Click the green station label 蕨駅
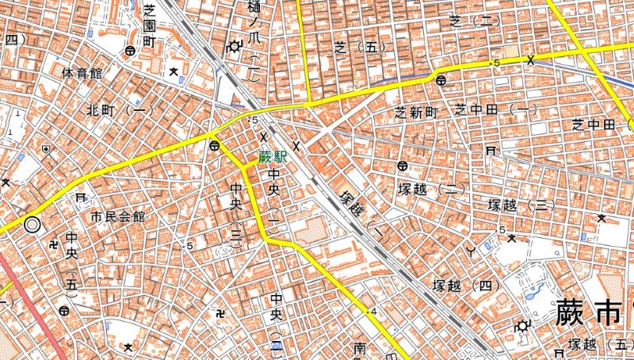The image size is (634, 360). point(273,157)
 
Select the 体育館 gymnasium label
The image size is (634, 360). point(82,74)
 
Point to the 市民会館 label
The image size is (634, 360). point(117,216)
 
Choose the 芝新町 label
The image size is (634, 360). point(417,113)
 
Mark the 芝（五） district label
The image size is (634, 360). point(359,48)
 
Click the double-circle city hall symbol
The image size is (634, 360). point(32,224)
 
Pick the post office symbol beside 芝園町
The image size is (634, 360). point(129,51)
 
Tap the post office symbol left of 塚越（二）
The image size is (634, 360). point(403,167)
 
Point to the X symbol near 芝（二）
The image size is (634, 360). point(530,59)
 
